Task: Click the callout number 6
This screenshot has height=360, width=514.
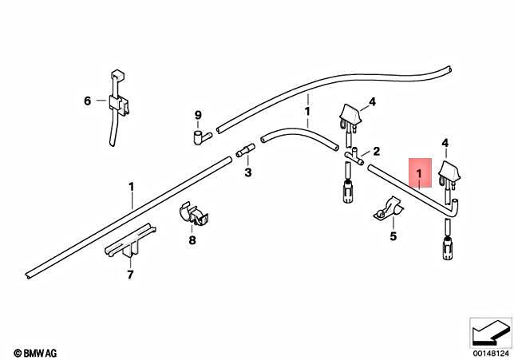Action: [89, 101]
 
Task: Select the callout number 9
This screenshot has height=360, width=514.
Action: [198, 115]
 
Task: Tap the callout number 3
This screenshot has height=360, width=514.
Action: [247, 172]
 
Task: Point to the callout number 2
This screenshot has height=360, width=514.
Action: [377, 151]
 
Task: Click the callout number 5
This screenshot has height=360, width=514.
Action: [393, 236]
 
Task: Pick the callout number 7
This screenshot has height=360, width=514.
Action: [130, 276]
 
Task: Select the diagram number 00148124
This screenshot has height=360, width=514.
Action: [491, 351]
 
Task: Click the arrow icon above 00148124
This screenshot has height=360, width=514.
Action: [490, 330]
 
